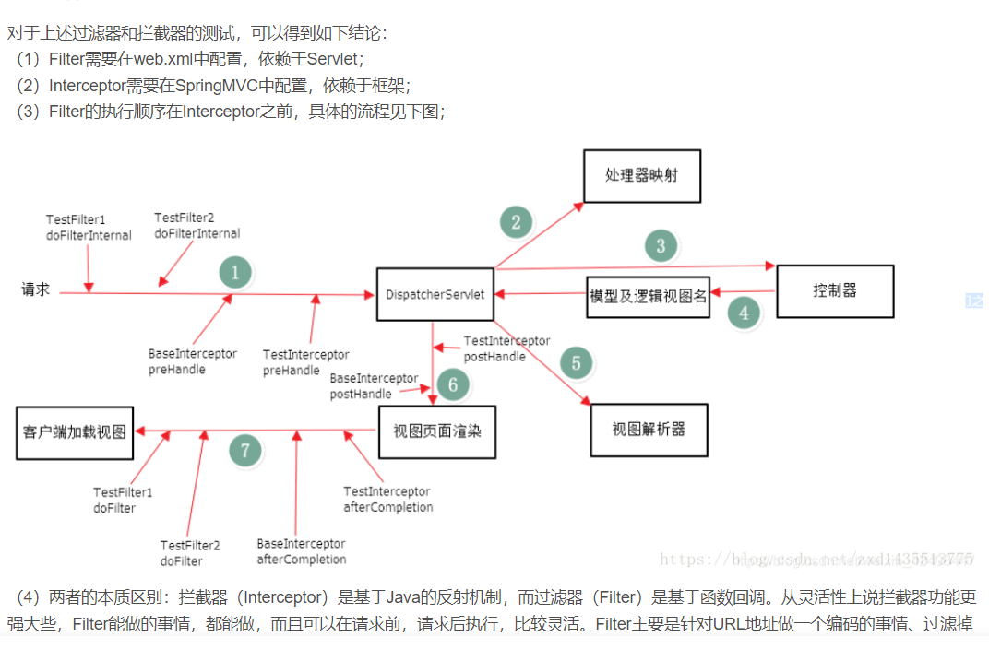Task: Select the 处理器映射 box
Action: point(641,175)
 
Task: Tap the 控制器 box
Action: point(835,291)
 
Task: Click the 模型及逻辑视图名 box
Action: point(648,296)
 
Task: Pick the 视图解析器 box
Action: point(649,430)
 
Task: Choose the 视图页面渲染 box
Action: point(437,431)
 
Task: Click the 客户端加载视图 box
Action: point(74,431)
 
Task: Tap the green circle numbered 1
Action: point(235,273)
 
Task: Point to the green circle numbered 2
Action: point(516,221)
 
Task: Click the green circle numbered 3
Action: point(661,246)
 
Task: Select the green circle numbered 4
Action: point(744,313)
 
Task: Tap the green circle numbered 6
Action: point(452,383)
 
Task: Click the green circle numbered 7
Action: point(244,451)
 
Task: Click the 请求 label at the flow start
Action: point(36,289)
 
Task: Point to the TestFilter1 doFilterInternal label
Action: point(89,228)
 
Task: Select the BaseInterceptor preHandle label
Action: point(192,361)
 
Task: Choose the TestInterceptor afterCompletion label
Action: point(387,500)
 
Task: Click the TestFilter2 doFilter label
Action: point(190,553)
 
